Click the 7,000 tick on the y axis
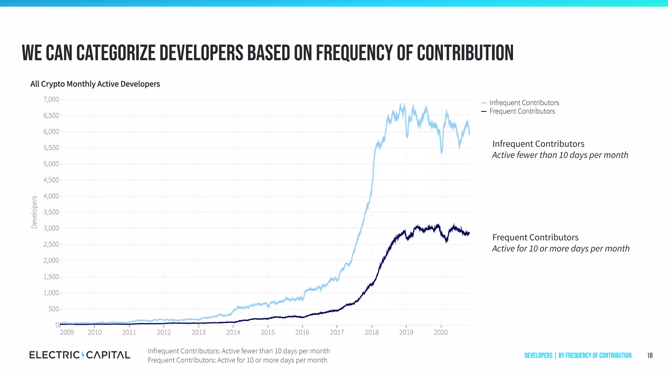(x=51, y=100)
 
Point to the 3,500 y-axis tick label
(x=51, y=212)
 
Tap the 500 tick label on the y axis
(x=53, y=309)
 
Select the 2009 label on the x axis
(x=67, y=332)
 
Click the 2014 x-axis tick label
(x=233, y=332)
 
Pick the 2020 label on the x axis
(x=441, y=332)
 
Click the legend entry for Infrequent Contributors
(x=524, y=103)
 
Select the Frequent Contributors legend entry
(x=522, y=111)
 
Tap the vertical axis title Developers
(x=34, y=212)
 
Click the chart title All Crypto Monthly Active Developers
(x=95, y=84)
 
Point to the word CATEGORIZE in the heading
(x=116, y=53)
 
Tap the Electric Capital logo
(x=80, y=355)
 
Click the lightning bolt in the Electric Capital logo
(x=83, y=355)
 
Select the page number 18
(x=650, y=355)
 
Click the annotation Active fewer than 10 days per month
(x=560, y=155)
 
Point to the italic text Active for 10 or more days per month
(x=560, y=249)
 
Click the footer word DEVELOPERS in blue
(x=538, y=355)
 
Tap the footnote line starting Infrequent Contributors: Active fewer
(x=238, y=351)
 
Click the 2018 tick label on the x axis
(x=372, y=332)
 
